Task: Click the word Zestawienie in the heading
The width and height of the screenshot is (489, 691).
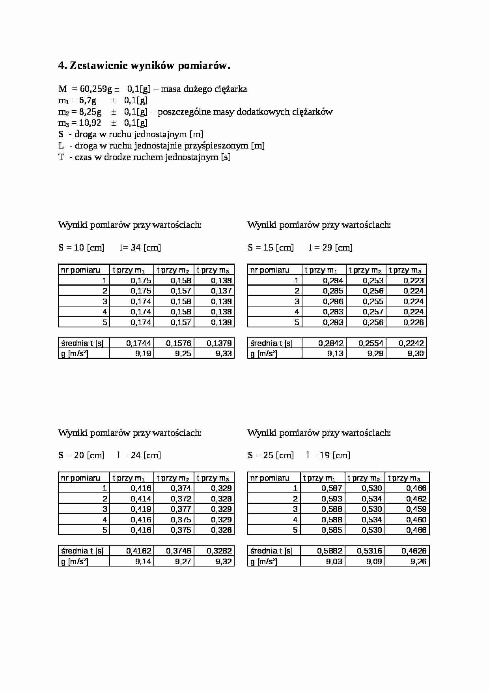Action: [x=99, y=66]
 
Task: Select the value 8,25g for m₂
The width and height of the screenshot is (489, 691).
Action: [x=90, y=112]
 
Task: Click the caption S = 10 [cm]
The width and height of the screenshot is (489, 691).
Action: [x=82, y=248]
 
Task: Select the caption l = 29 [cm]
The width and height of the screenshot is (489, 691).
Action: [x=330, y=248]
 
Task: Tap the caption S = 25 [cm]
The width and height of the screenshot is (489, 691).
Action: [x=271, y=455]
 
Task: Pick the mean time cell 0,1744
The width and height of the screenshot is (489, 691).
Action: [x=139, y=343]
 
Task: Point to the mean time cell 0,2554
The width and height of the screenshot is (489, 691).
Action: [x=371, y=343]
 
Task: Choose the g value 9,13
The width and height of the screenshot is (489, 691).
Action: [x=335, y=353]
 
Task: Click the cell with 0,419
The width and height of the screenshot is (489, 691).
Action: [x=141, y=509]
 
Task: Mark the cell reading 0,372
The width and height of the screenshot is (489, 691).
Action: [x=181, y=499]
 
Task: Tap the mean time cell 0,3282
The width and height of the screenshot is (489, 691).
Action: [x=219, y=551]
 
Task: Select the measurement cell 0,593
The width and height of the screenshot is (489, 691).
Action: [x=332, y=499]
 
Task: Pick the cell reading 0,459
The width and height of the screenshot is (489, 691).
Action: [x=416, y=509]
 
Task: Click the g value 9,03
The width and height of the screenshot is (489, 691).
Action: [x=334, y=561]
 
